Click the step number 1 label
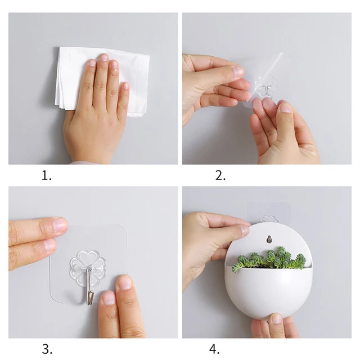pyautogui.click(x=46, y=175)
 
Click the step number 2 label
pyautogui.click(x=220, y=175)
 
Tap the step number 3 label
pyautogui.click(x=46, y=348)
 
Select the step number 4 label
pyautogui.click(x=214, y=348)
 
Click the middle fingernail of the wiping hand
pyautogui.click(x=103, y=57)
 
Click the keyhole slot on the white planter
pyautogui.click(x=269, y=238)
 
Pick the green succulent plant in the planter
pyautogui.click(x=269, y=260)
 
